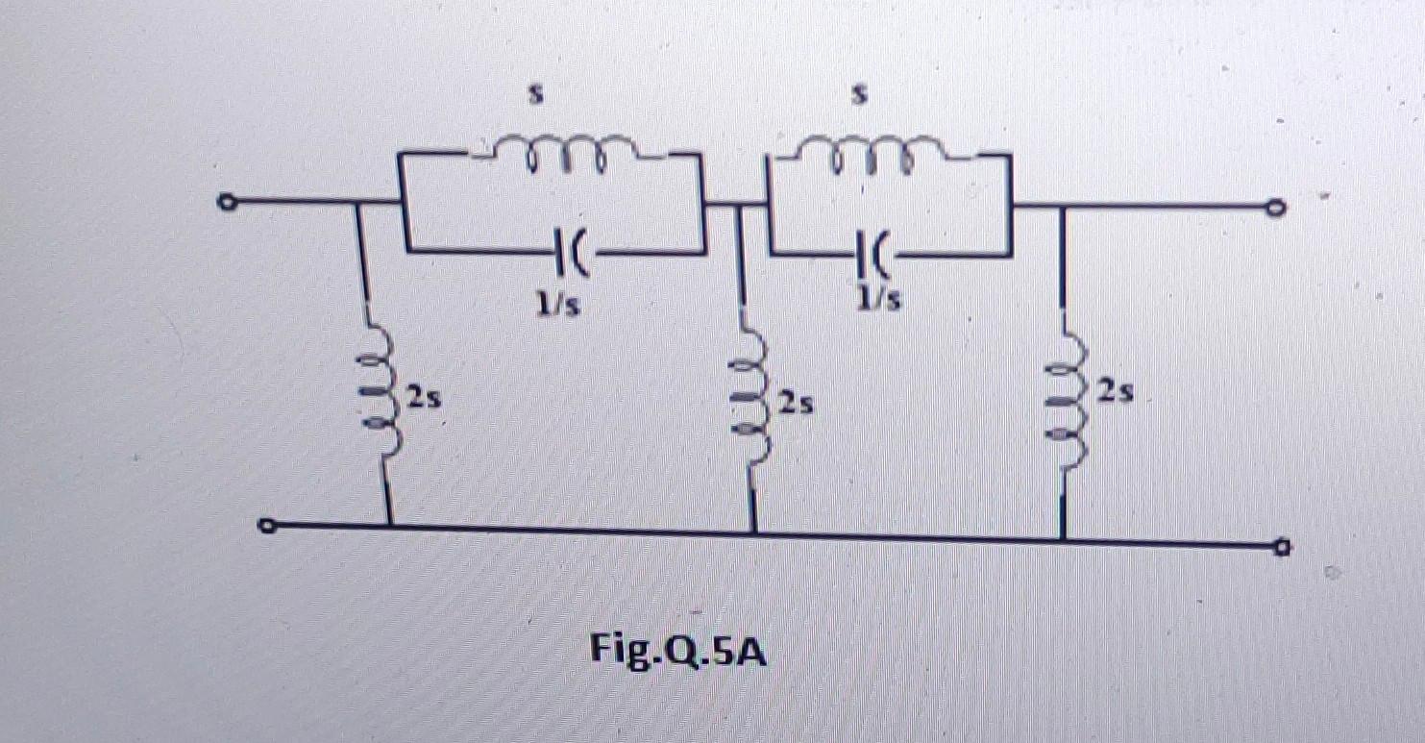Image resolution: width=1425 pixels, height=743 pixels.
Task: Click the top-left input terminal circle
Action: pos(226,203)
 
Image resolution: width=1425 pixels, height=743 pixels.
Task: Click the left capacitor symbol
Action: pos(566,253)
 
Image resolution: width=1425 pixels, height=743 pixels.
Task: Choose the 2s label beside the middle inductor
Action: pos(796,404)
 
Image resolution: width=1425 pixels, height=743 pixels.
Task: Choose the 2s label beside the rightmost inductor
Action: pos(1117,392)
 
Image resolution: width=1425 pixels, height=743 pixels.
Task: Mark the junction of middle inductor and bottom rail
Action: pos(753,532)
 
